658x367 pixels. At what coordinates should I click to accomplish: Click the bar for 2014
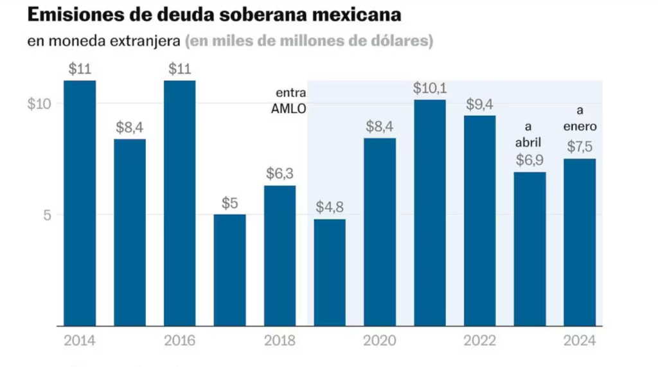[x=80, y=202]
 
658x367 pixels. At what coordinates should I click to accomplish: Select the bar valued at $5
[x=229, y=270]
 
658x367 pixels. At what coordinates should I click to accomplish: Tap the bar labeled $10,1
[x=430, y=212]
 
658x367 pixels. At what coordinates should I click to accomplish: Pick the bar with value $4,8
[x=330, y=273]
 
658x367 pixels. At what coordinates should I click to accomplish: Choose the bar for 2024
[x=580, y=242]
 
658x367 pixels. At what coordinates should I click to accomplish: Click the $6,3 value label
[x=280, y=174]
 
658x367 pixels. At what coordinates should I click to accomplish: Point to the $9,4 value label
[x=480, y=103]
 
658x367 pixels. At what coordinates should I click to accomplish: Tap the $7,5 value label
[x=580, y=147]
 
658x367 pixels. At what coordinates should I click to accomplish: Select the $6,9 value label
[x=529, y=160]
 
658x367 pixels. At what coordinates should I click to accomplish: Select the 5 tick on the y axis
[x=47, y=215]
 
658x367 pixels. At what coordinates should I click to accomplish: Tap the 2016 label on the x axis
[x=180, y=341]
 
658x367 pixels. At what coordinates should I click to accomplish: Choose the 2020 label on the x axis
[x=380, y=341]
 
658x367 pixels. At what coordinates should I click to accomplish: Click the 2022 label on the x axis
[x=480, y=341]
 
